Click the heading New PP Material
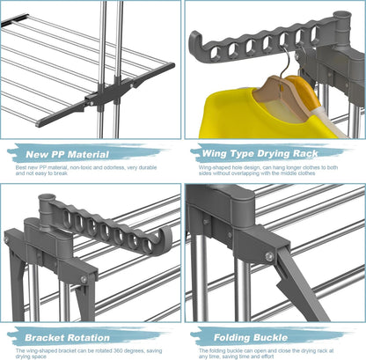point(67,154)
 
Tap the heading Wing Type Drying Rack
point(260,153)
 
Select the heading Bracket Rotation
point(67,338)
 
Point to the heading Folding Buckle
point(251,338)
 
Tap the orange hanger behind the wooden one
point(301,90)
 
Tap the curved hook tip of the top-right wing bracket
point(194,40)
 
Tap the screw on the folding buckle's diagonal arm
point(269,256)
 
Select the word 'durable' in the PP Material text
point(149,167)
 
